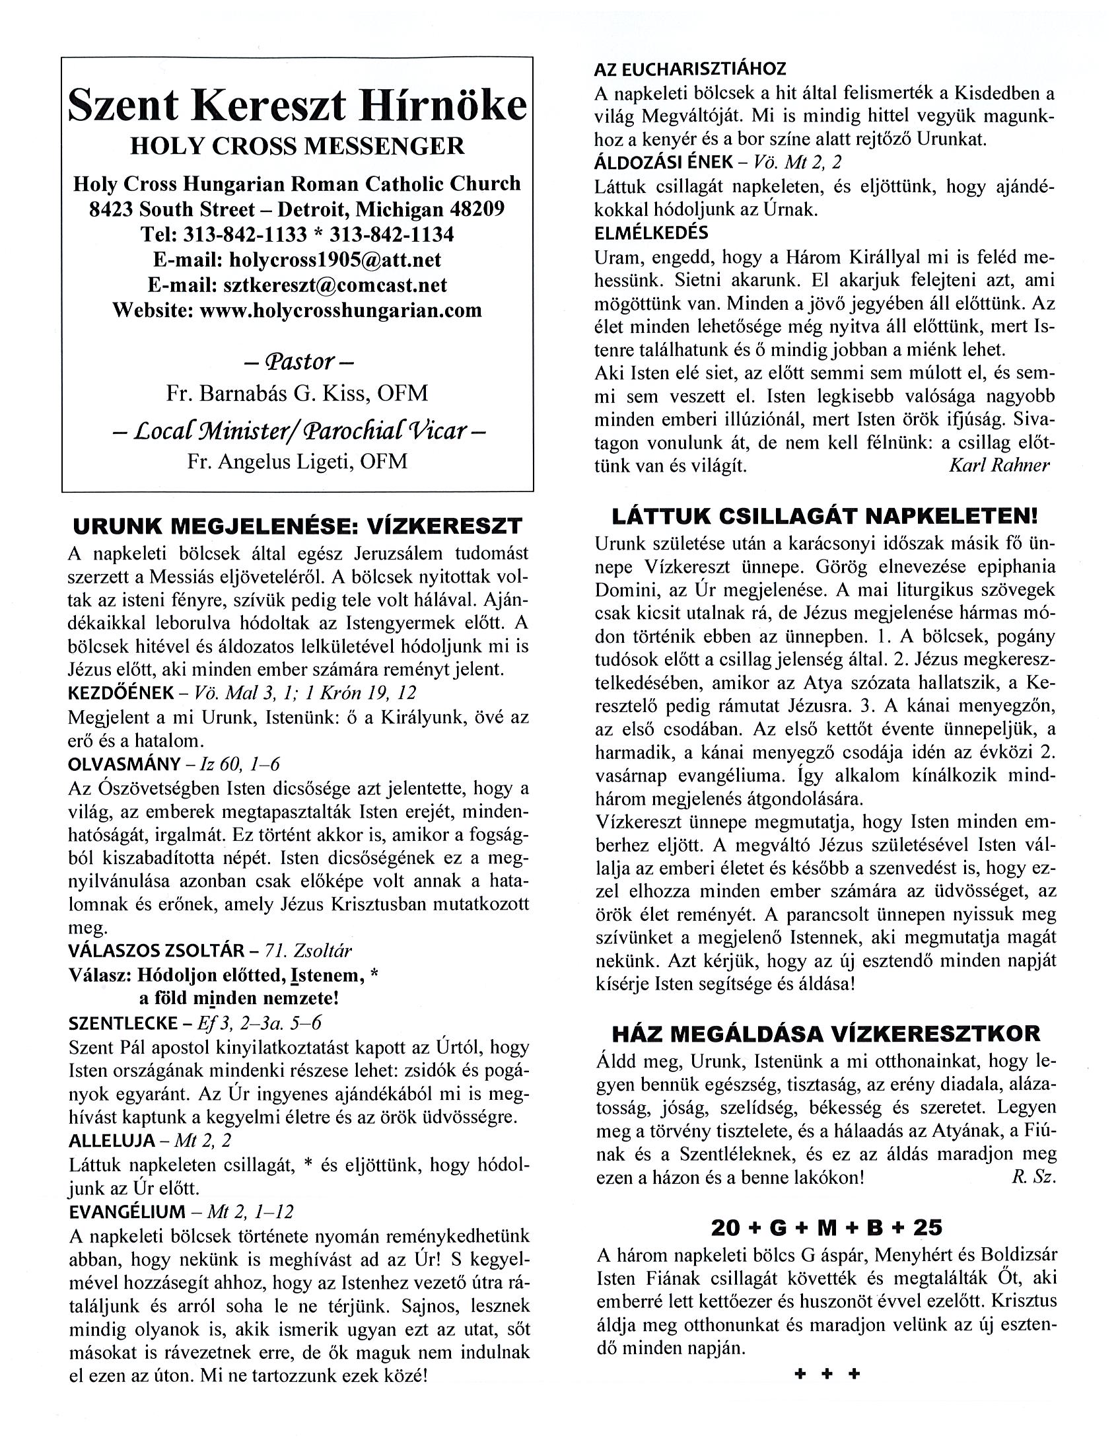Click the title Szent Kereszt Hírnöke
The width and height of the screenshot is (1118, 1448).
pyautogui.click(x=298, y=105)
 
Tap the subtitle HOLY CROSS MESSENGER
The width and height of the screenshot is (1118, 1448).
pyautogui.click(x=298, y=146)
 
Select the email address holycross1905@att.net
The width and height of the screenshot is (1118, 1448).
pyautogui.click(x=335, y=259)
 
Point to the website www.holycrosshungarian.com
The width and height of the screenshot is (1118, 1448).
pyautogui.click(x=341, y=310)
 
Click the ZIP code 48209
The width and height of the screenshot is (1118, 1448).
pyautogui.click(x=477, y=209)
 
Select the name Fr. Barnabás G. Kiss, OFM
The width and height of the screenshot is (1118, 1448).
pyautogui.click(x=297, y=393)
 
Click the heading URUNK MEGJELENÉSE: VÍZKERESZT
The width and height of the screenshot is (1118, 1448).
pyautogui.click(x=298, y=526)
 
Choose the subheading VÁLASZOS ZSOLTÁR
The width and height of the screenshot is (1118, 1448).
pyautogui.click(x=157, y=951)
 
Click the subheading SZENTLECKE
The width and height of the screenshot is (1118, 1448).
pyautogui.click(x=123, y=1023)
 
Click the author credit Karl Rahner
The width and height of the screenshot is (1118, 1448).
pyautogui.click(x=999, y=465)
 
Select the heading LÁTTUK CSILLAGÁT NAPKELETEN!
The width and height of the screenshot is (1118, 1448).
pyautogui.click(x=823, y=516)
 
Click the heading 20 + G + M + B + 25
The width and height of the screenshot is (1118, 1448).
pyautogui.click(x=826, y=1228)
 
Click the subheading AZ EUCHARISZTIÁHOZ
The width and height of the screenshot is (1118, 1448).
pyautogui.click(x=690, y=69)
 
